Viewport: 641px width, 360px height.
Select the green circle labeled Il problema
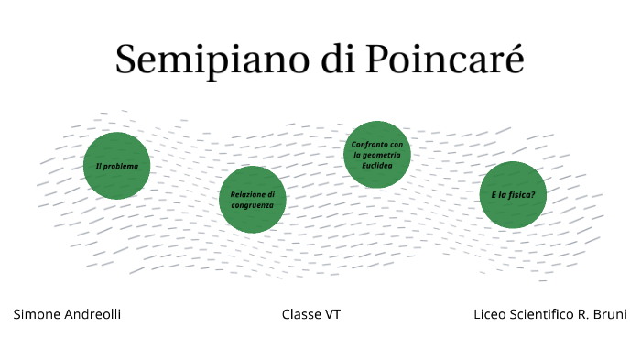[x=116, y=166]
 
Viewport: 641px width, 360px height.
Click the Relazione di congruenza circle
[x=252, y=199]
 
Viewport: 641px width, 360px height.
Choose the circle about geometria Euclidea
[x=377, y=155]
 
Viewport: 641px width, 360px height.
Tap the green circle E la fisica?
[x=513, y=195]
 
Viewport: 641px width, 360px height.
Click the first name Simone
[x=36, y=314]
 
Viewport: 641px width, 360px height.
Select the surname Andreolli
[x=92, y=314]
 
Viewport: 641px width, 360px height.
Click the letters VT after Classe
[x=332, y=314]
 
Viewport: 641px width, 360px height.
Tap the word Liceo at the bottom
[x=490, y=314]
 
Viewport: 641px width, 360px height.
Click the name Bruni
[x=609, y=314]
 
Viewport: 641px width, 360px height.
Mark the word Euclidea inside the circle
[x=377, y=165]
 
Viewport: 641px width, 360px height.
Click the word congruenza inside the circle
[x=252, y=204]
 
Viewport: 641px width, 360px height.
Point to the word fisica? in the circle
[x=520, y=195]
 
